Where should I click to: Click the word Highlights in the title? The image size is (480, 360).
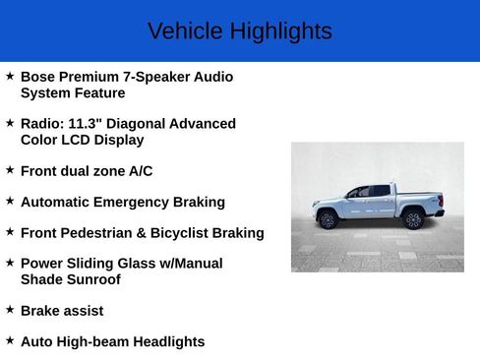[280, 31]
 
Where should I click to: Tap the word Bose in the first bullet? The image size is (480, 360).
[37, 77]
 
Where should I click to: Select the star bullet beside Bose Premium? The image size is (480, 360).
[10, 76]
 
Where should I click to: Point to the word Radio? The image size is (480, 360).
[41, 124]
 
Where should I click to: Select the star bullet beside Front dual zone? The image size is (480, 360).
[10, 170]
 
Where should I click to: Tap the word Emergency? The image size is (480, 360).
[140, 203]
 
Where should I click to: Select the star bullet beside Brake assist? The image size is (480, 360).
[10, 310]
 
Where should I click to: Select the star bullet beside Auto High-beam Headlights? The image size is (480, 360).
[10, 341]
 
